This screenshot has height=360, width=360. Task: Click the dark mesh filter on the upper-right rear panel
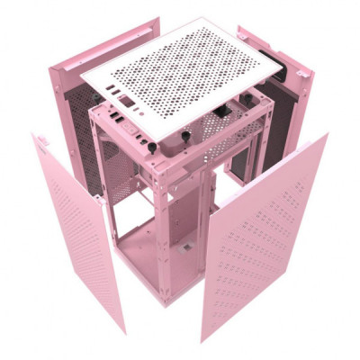tap(283, 117)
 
